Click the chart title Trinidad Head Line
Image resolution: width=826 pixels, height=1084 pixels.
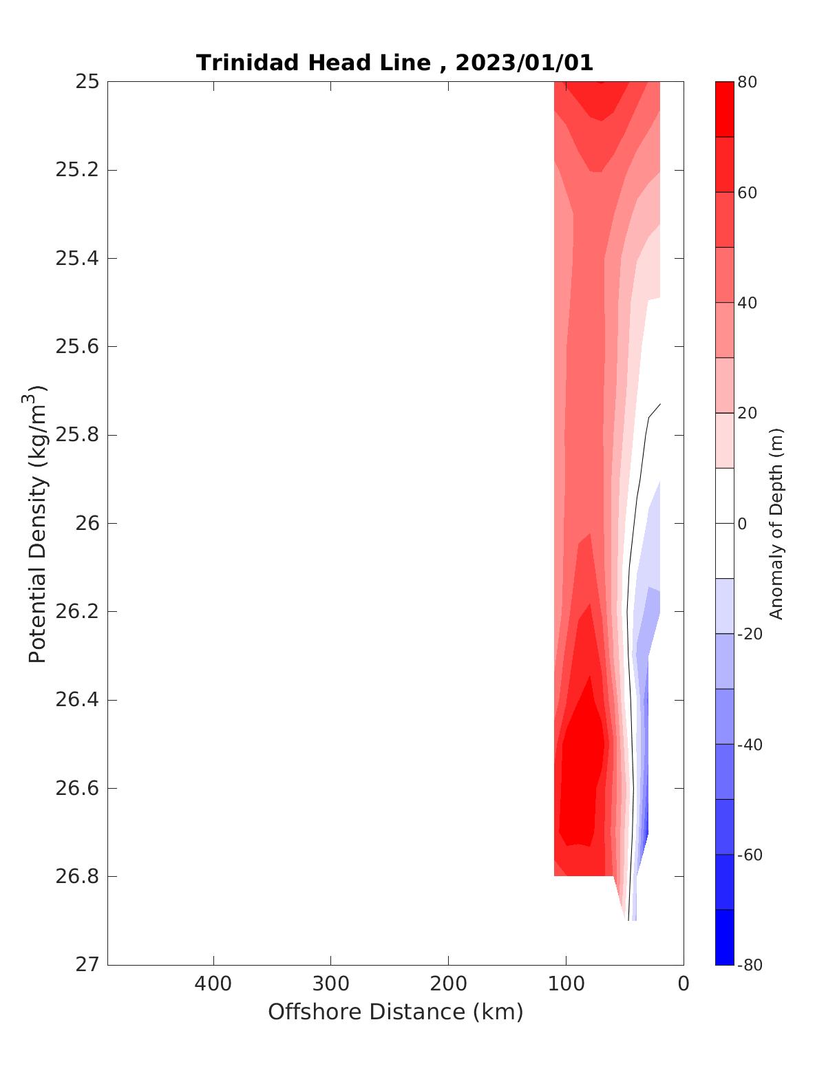(x=313, y=63)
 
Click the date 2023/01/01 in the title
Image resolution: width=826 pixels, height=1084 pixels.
(x=524, y=63)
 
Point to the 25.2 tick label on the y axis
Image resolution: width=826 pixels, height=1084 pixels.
(x=76, y=170)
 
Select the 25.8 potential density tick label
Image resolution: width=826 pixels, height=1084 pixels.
(x=76, y=435)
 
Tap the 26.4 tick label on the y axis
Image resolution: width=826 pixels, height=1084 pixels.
(x=76, y=700)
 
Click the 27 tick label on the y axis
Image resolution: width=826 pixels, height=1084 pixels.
(x=87, y=965)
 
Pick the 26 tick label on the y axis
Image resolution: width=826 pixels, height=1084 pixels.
(x=87, y=523)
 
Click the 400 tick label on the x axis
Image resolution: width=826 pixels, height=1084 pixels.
(x=213, y=984)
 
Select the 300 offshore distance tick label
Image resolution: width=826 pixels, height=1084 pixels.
(x=331, y=984)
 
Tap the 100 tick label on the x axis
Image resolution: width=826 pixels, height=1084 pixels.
(x=566, y=984)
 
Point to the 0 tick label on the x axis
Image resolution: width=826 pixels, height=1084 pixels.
(x=684, y=984)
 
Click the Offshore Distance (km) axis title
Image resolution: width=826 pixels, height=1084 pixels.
(x=396, y=1012)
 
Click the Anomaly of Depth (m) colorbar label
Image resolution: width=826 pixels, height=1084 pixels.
(x=776, y=523)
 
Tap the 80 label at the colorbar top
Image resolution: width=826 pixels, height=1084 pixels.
(x=747, y=83)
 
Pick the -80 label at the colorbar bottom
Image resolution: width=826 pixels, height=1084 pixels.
(x=750, y=965)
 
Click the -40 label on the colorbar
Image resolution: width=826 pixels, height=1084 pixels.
(x=750, y=745)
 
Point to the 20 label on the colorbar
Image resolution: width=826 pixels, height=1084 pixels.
(x=747, y=413)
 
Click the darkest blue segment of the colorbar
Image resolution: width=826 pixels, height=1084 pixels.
(x=724, y=937)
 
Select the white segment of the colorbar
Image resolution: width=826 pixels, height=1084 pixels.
(x=724, y=523)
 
